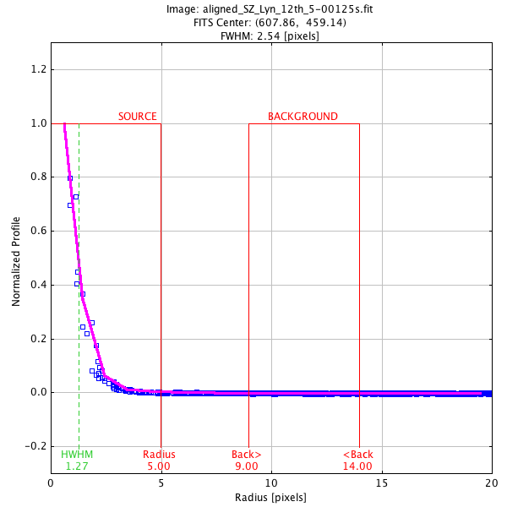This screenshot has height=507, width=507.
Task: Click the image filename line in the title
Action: coord(253,9)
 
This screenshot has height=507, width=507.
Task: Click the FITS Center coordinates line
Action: coord(253,22)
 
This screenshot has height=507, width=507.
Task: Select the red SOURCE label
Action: coord(137,117)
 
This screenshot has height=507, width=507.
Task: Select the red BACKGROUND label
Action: coord(303,117)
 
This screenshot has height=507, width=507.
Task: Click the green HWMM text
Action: coord(77,455)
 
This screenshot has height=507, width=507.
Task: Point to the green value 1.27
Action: coord(77,466)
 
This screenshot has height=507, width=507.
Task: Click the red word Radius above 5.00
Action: coord(159,455)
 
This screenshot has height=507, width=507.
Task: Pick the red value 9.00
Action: coord(246,466)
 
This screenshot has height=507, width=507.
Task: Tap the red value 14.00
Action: coord(357,466)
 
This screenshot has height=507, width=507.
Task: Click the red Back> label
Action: coord(246,455)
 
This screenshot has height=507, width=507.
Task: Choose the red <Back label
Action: coord(357,455)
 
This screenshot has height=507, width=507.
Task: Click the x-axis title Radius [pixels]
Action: coord(270,498)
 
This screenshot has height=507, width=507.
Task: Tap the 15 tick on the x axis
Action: coord(381,483)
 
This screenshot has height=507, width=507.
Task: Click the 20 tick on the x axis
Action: coord(491,483)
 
